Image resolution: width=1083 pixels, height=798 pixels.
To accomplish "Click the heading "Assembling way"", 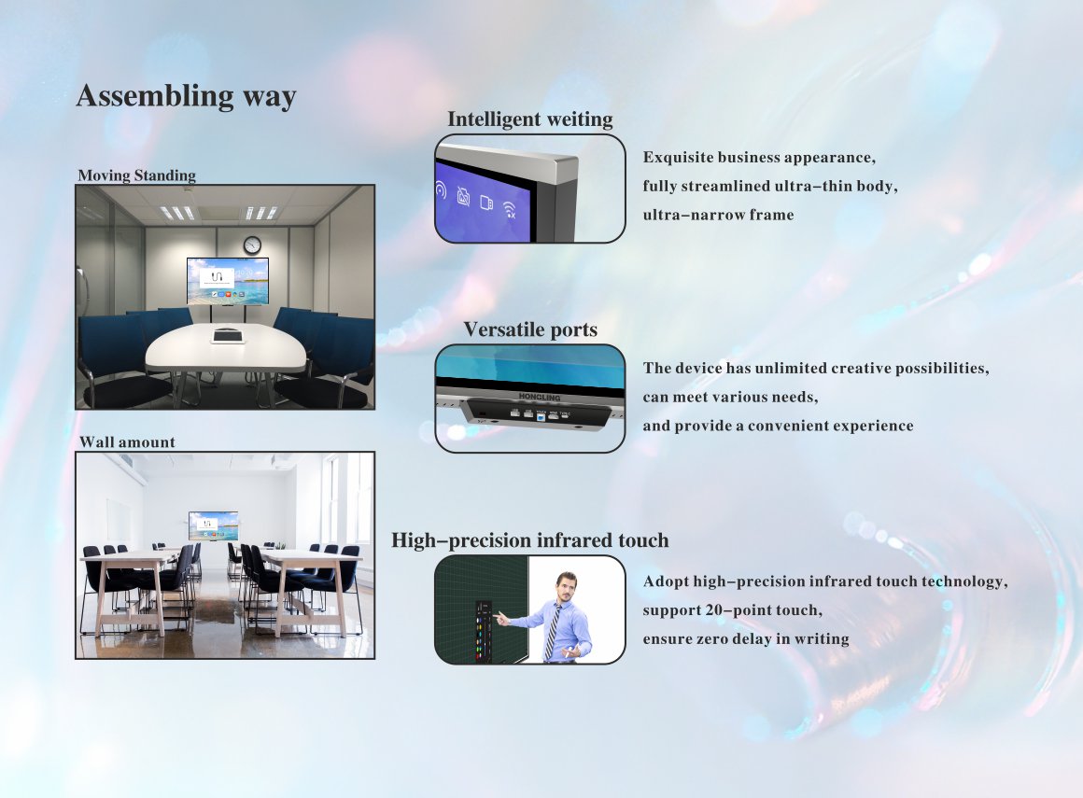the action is pyautogui.click(x=187, y=96).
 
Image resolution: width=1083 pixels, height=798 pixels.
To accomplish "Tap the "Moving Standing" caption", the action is pyautogui.click(x=136, y=175).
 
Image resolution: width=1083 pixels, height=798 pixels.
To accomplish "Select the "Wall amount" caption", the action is pyautogui.click(x=127, y=441).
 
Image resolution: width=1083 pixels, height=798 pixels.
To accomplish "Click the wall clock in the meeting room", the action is pyautogui.click(x=252, y=245).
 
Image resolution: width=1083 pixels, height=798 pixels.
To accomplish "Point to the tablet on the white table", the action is pyautogui.click(x=228, y=336).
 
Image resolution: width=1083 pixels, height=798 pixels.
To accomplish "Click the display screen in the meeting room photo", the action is pyautogui.click(x=227, y=281).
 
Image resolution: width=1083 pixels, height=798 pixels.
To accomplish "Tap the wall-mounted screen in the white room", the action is pyautogui.click(x=214, y=525).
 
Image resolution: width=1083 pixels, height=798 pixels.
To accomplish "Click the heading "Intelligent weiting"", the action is pyautogui.click(x=529, y=119).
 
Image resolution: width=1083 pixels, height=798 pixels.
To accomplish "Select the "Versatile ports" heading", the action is pyautogui.click(x=530, y=329).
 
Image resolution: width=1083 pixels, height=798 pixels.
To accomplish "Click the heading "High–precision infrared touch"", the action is pyautogui.click(x=529, y=539).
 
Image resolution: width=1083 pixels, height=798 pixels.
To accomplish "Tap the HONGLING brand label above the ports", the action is pyautogui.click(x=540, y=397).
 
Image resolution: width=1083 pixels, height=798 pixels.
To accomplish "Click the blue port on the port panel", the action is pyautogui.click(x=541, y=417).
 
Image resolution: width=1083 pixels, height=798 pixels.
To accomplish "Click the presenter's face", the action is pyautogui.click(x=567, y=587).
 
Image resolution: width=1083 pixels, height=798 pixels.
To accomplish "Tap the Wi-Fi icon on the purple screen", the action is pyautogui.click(x=509, y=209).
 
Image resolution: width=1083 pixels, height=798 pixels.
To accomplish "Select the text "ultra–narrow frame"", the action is pyautogui.click(x=718, y=215).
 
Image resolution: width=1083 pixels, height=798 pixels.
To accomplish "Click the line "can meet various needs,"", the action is pyautogui.click(x=731, y=397).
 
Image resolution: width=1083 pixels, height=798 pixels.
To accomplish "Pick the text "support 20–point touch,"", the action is pyautogui.click(x=733, y=610).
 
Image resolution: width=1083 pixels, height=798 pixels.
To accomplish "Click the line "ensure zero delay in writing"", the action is pyautogui.click(x=746, y=638).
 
